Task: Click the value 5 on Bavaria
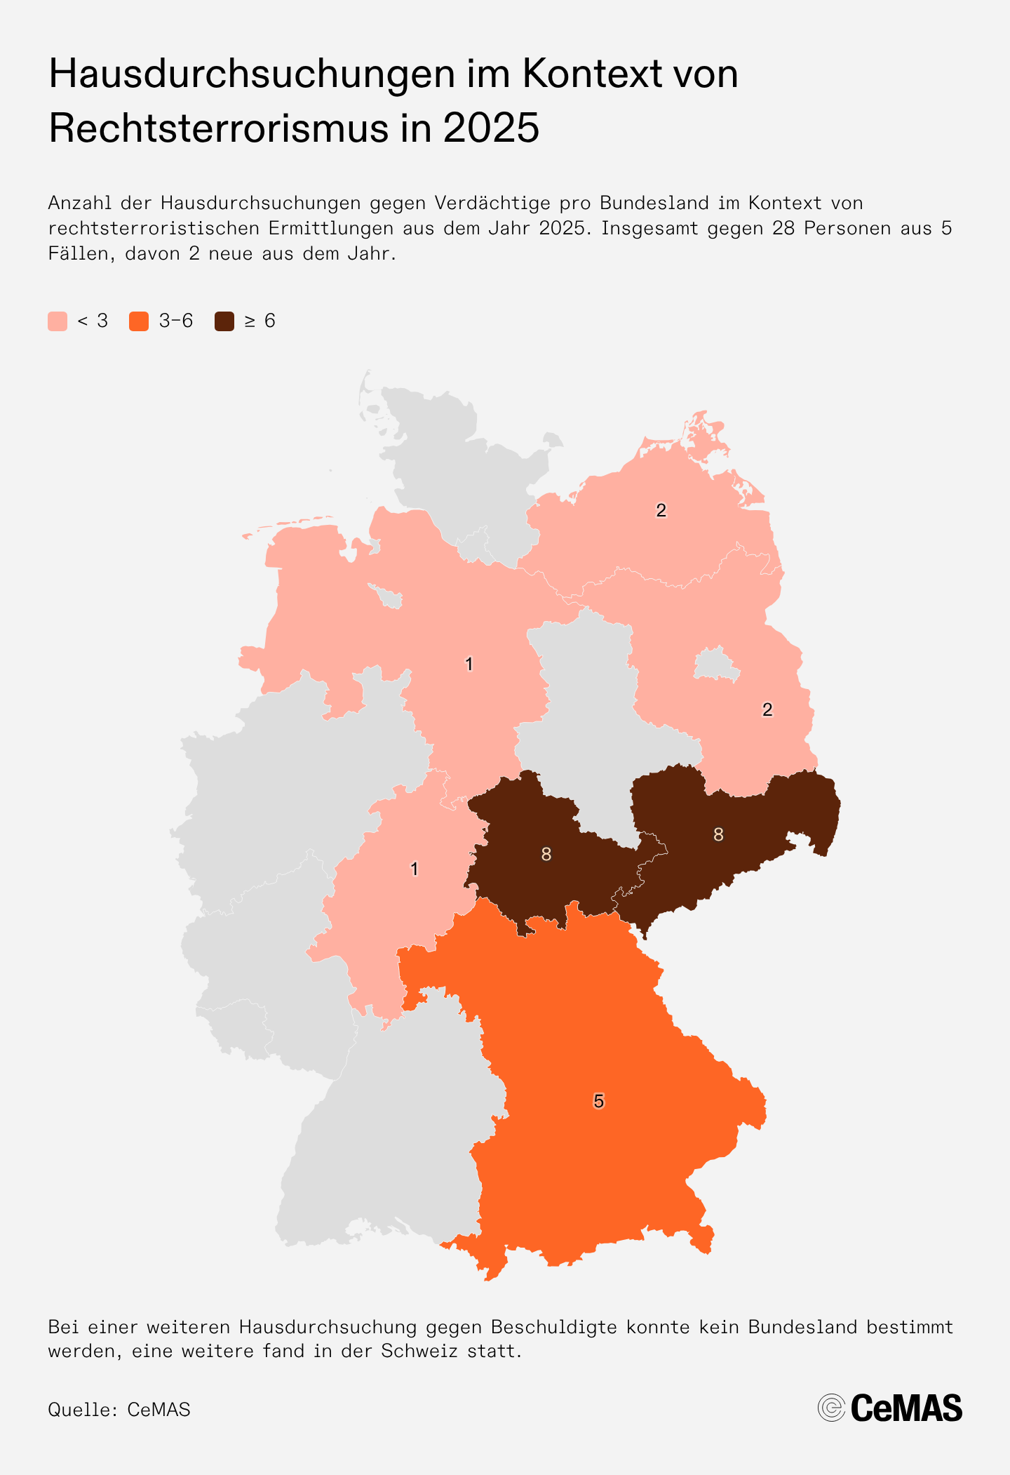click(598, 1101)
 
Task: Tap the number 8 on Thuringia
click(546, 854)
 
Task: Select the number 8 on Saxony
click(718, 834)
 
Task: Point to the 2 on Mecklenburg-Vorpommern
click(661, 510)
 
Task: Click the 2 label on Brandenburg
click(767, 709)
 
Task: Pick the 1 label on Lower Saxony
click(469, 664)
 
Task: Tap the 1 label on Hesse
click(415, 869)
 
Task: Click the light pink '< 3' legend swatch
click(58, 321)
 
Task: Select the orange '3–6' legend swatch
click(139, 321)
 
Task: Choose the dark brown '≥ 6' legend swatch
click(224, 321)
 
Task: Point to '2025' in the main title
click(491, 128)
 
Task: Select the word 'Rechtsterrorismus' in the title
click(218, 128)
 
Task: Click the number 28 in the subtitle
click(783, 228)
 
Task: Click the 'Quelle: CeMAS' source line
click(119, 1410)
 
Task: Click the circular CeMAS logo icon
click(831, 1408)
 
